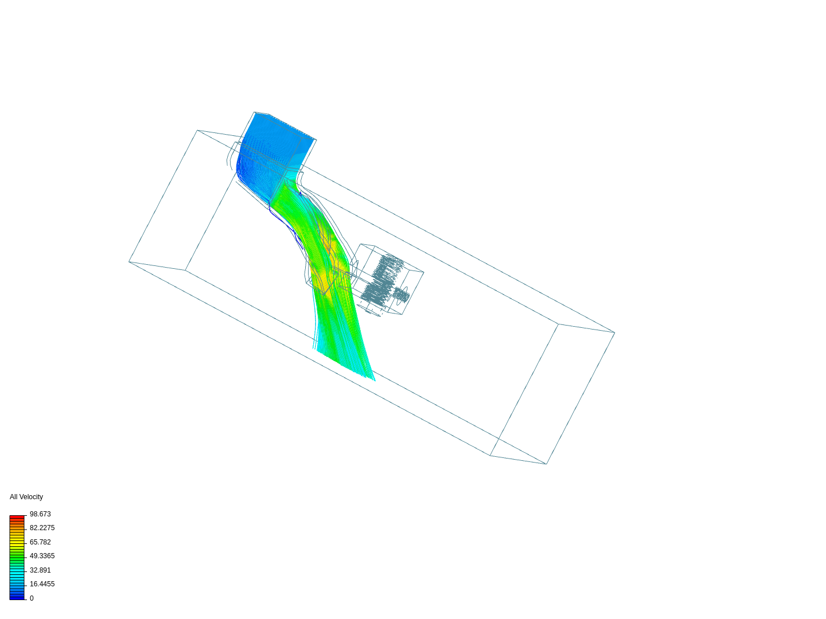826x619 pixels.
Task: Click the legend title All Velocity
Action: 26,497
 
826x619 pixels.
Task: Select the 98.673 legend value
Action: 40,514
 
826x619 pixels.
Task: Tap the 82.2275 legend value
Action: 42,528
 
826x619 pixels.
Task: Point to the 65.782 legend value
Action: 40,542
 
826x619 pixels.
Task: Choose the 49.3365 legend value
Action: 42,556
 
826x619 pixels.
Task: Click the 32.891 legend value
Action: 40,570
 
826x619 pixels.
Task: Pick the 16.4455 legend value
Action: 42,584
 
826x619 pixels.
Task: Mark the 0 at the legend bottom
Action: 32,598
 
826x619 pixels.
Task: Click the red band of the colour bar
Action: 17,518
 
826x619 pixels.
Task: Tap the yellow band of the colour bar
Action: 17,540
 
